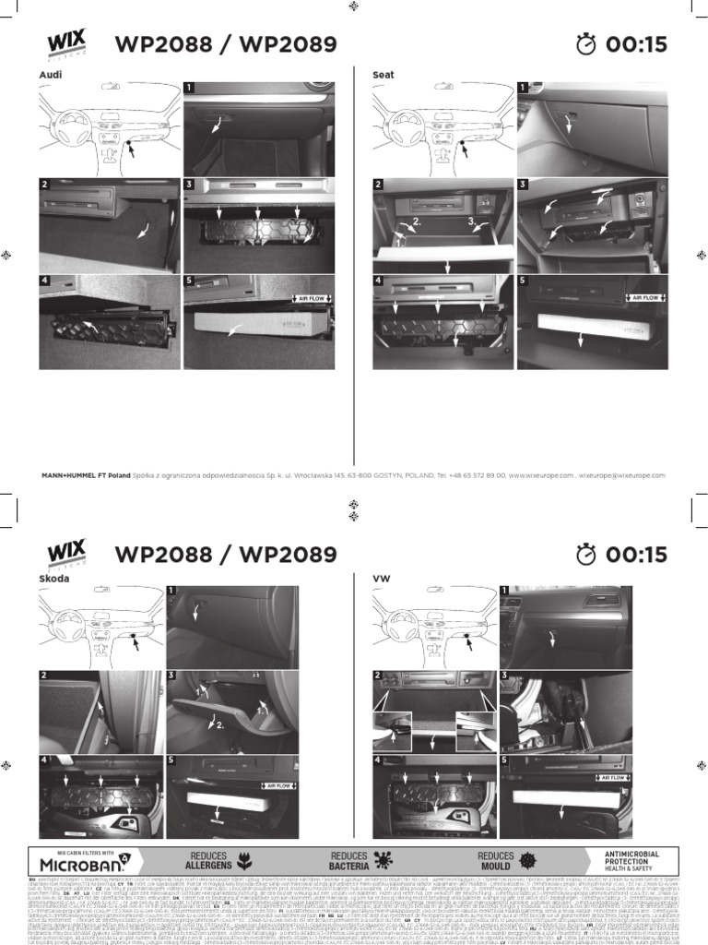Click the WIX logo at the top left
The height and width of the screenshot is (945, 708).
(65, 42)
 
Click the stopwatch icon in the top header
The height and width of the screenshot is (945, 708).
(586, 43)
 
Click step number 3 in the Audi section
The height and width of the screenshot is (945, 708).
(189, 184)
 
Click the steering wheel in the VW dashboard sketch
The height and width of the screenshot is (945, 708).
(405, 629)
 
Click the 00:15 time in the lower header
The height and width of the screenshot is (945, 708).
(635, 554)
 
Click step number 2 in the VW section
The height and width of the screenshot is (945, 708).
(377, 676)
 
